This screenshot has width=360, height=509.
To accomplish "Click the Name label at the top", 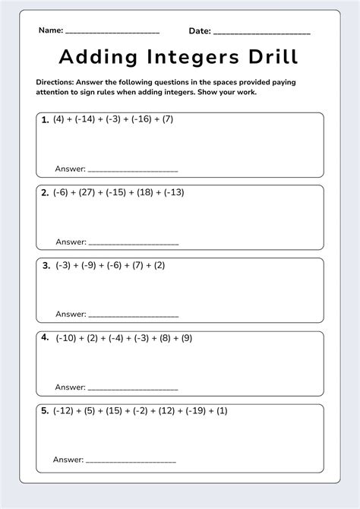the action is click(50, 31).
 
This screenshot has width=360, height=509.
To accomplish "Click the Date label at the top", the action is click(200, 31).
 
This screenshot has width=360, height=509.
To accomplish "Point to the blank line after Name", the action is click(112, 33).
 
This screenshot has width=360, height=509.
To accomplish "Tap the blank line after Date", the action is click(262, 33).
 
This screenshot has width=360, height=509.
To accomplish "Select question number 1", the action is click(46, 119).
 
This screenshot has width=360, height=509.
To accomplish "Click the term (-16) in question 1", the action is click(144, 119).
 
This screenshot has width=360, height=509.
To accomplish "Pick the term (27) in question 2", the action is click(90, 192).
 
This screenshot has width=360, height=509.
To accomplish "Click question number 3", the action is click(46, 265).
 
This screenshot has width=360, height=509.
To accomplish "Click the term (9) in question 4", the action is click(187, 338).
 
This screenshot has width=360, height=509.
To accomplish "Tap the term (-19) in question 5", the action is click(198, 411).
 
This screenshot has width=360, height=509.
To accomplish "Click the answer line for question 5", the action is click(131, 461).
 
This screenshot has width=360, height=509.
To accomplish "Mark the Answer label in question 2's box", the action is click(71, 242).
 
